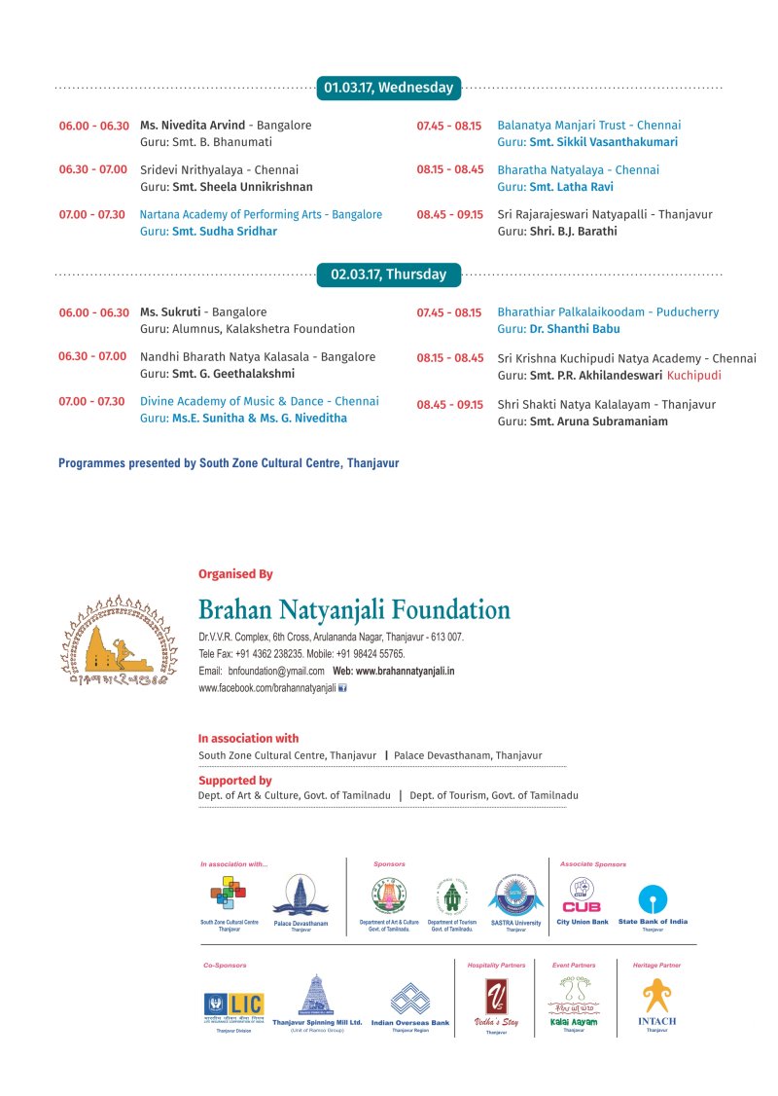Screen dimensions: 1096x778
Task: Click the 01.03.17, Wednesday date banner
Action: point(389,88)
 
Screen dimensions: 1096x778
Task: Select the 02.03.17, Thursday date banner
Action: point(389,274)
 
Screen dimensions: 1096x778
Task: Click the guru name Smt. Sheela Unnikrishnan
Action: point(242,187)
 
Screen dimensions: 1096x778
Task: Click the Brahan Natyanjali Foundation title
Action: point(354,610)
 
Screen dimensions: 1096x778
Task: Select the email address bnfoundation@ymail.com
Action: point(276,672)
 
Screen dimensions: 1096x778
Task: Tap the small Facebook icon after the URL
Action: point(342,688)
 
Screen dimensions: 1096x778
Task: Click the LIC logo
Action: point(233,1004)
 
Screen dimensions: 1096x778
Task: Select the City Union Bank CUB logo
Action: point(582,895)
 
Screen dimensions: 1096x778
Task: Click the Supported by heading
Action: point(234,781)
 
